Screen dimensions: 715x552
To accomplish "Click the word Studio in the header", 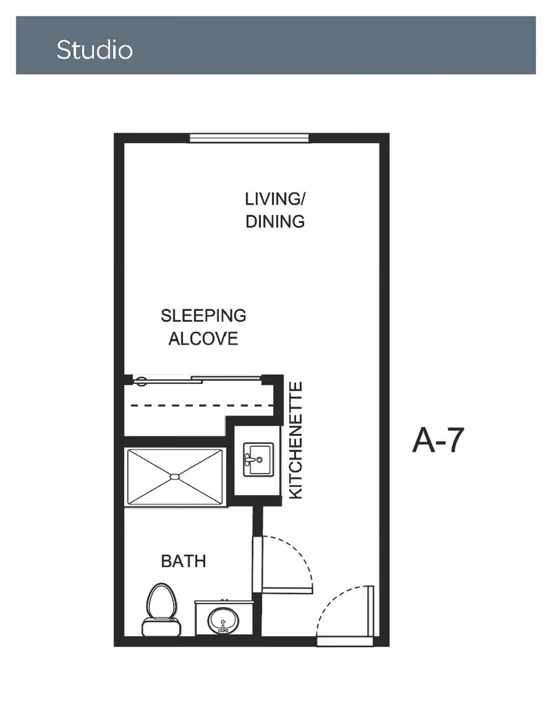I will coord(95,50).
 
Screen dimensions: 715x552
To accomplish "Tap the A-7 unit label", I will coord(437,440).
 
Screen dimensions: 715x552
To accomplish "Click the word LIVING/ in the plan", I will coord(275,199).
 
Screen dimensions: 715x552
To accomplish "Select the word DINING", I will coord(275,222).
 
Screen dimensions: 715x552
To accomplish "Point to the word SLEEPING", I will coord(203,316).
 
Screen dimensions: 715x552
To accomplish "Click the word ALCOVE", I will coord(204,339).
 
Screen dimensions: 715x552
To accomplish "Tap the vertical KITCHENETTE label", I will coord(295,440).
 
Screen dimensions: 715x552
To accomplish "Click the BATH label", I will coord(184,560).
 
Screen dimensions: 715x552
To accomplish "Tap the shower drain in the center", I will coord(175,476).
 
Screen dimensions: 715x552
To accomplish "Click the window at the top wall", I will coord(249,138).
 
